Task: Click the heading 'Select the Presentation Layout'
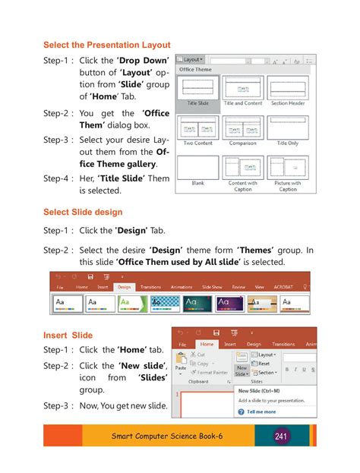pyautogui.click(x=106, y=46)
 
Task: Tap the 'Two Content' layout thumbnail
pyautogui.click(x=198, y=128)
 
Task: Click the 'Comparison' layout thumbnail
pyautogui.click(x=243, y=128)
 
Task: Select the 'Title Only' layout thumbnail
pyautogui.click(x=288, y=128)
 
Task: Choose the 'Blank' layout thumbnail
pyautogui.click(x=198, y=167)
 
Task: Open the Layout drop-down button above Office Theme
pyautogui.click(x=191, y=59)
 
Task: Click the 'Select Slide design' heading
pyautogui.click(x=83, y=212)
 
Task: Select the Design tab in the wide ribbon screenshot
pyautogui.click(x=124, y=287)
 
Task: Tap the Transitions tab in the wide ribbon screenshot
pyautogui.click(x=151, y=287)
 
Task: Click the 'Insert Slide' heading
pyautogui.click(x=68, y=335)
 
